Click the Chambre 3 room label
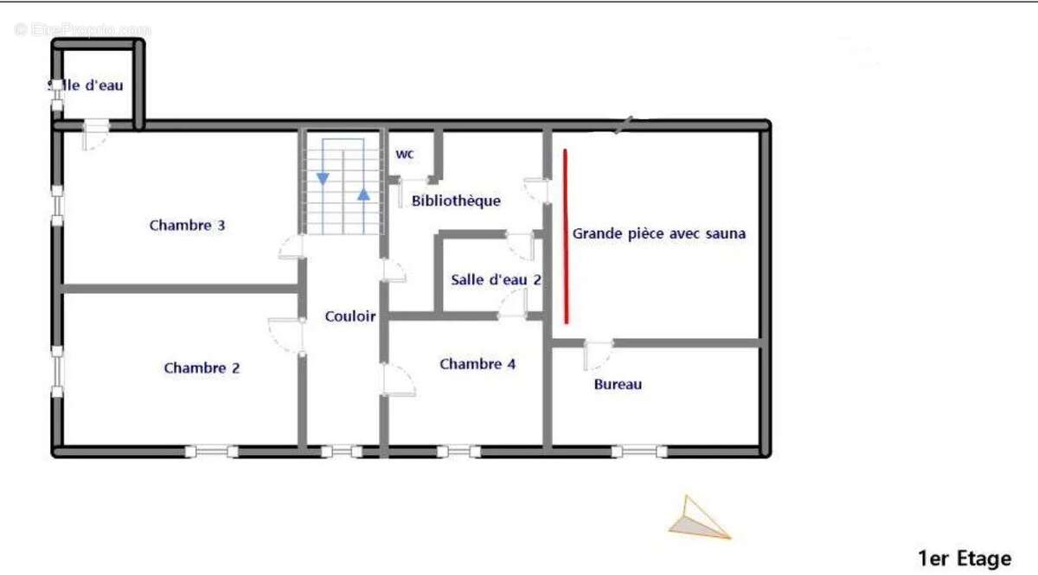[x=187, y=226]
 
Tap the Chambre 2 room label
[x=202, y=368]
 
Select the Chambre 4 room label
[x=477, y=364]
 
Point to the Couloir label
[x=350, y=316]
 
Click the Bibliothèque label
[x=456, y=201]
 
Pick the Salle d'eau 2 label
[x=497, y=280]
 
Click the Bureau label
[x=618, y=384]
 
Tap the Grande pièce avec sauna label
[x=659, y=233]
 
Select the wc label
[x=405, y=155]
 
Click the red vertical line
[x=566, y=235]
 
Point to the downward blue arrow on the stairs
[x=323, y=178]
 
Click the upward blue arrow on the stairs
[x=364, y=193]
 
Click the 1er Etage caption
[x=964, y=559]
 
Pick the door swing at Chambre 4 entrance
[x=399, y=380]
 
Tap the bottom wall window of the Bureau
[x=639, y=450]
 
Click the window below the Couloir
[x=342, y=450]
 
